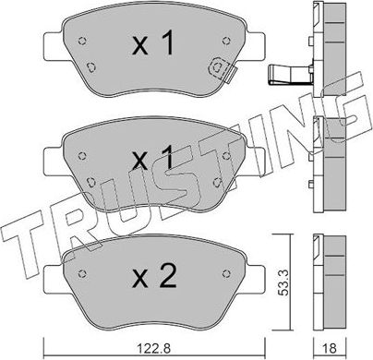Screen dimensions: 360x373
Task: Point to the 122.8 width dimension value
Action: click(139, 348)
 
